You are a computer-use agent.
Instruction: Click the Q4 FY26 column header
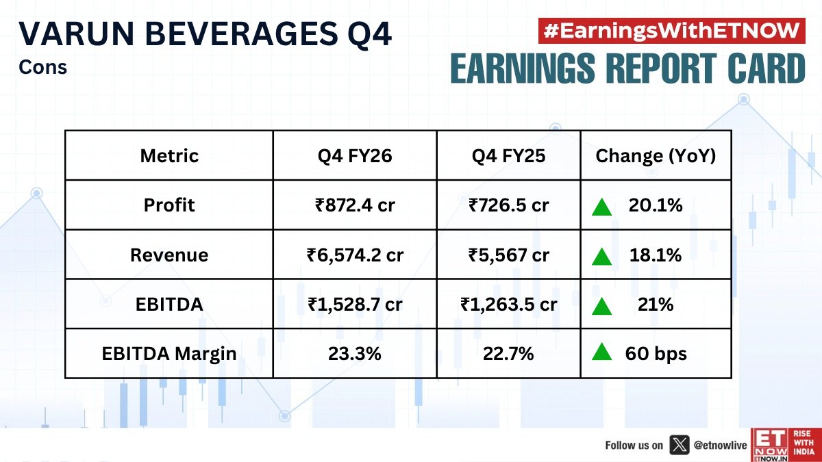point(355,156)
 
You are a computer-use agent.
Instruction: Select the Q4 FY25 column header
point(508,156)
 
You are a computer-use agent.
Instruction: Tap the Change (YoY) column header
point(656,156)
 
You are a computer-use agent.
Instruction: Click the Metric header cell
point(169,156)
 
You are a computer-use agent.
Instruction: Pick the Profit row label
point(169,205)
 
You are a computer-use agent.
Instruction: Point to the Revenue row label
point(169,255)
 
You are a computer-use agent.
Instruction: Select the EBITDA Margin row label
point(169,354)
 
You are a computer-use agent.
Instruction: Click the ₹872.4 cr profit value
point(355,205)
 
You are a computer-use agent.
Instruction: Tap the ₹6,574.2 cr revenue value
point(355,255)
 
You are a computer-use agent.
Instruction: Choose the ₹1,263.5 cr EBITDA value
point(508,305)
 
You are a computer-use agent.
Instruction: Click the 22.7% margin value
point(508,354)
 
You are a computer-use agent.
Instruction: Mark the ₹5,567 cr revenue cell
point(508,255)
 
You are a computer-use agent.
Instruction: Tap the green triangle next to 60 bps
point(602,353)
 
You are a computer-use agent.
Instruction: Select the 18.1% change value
point(656,255)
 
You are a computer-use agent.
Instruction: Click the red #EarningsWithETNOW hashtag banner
point(671,31)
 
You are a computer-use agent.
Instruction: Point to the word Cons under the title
point(42,68)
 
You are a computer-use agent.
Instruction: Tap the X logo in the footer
point(679,445)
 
